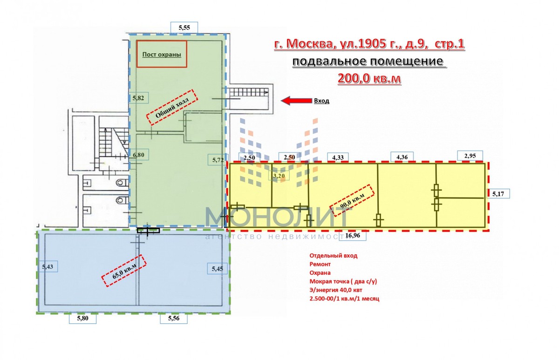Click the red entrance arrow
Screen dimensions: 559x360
click(x=296, y=101)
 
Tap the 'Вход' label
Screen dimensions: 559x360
click(x=321, y=101)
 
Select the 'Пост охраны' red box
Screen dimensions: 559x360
click(x=162, y=54)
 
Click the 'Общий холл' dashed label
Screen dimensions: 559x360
click(x=172, y=107)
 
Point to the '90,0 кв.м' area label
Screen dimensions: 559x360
click(x=352, y=200)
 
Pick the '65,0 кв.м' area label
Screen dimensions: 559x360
click(x=124, y=271)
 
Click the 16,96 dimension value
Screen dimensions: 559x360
click(x=353, y=235)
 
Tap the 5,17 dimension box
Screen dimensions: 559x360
click(x=498, y=194)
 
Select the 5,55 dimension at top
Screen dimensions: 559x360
click(x=184, y=27)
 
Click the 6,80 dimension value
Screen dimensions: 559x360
click(x=138, y=155)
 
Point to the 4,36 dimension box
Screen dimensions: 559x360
click(x=402, y=157)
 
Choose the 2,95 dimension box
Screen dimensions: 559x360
click(x=470, y=156)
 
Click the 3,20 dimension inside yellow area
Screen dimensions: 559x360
click(x=279, y=176)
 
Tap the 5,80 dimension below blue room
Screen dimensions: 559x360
click(x=82, y=318)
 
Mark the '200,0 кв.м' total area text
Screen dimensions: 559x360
click(x=369, y=78)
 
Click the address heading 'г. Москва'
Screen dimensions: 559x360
click(x=303, y=44)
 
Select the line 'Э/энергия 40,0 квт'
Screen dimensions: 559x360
click(x=336, y=290)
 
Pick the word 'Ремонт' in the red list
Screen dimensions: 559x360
click(x=320, y=264)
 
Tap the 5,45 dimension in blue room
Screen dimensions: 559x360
click(x=218, y=269)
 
